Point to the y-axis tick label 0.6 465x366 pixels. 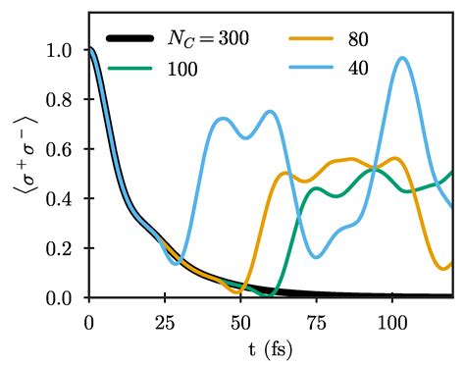(66, 149)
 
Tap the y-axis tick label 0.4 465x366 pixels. (66, 198)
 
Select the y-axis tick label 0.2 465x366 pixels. (66, 248)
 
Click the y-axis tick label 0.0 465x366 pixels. (66, 297)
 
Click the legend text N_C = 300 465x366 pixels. (209, 40)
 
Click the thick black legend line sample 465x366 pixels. (129, 39)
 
